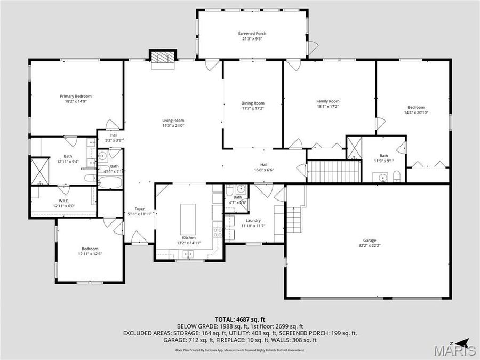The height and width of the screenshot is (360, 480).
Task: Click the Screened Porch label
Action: tap(252, 34)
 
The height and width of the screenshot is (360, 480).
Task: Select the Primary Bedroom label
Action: tap(76, 96)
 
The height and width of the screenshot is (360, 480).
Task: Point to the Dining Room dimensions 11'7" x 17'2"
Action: tap(253, 108)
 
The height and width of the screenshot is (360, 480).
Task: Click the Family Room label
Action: tap(328, 101)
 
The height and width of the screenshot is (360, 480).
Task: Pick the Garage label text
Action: tap(365, 241)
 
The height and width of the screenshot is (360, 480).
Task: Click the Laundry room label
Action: tap(253, 220)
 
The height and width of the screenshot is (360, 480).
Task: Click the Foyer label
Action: tap(139, 209)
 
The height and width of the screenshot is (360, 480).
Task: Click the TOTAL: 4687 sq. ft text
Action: tap(239, 319)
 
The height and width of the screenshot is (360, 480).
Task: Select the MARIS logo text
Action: tap(454, 351)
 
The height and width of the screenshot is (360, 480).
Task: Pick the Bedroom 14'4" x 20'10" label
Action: tap(416, 107)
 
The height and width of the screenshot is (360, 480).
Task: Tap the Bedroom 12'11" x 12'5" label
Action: tap(90, 249)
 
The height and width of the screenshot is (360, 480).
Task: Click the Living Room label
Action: tap(173, 121)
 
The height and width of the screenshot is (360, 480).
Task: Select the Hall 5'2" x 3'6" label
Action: tap(114, 135)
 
